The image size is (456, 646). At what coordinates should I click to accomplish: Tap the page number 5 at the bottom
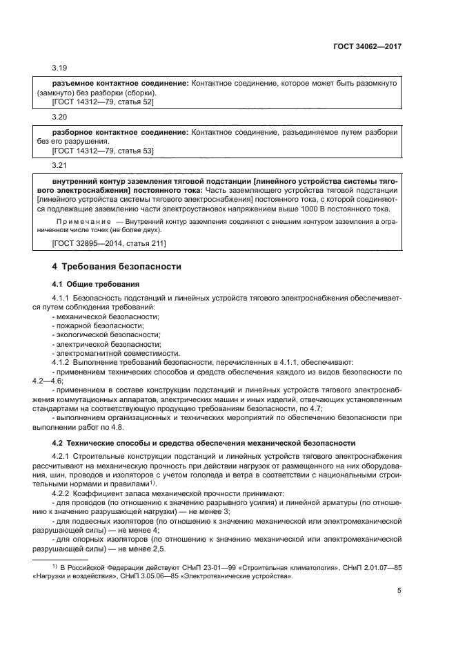point(399,591)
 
